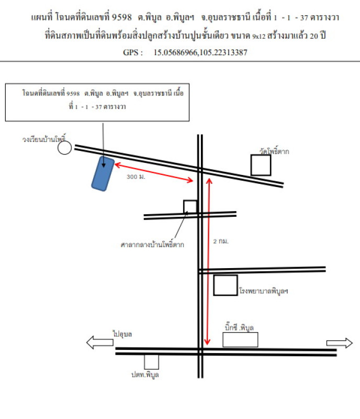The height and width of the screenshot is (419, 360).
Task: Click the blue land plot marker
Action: click(x=103, y=174)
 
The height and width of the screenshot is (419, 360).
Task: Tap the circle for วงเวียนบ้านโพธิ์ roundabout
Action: click(x=65, y=148)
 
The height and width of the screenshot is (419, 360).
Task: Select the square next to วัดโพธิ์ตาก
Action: click(x=261, y=165)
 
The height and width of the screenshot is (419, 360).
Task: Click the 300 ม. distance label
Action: click(x=136, y=177)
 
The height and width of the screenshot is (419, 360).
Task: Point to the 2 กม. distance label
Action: click(x=221, y=241)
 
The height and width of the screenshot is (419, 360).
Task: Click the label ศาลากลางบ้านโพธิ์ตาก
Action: click(x=152, y=245)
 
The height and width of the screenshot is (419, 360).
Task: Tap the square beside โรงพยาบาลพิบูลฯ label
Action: click(x=226, y=285)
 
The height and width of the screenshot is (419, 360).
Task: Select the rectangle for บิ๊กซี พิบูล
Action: click(x=240, y=339)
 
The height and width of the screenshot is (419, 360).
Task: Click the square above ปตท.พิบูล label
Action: click(x=151, y=362)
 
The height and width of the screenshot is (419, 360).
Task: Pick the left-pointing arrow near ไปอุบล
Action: click(x=99, y=343)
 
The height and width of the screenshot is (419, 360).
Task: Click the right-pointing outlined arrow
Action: click(x=340, y=343)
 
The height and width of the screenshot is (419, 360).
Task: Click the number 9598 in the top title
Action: click(x=122, y=17)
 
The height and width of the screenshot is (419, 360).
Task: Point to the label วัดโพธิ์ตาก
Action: click(x=274, y=151)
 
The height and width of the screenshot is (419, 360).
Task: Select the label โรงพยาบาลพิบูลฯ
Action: click(x=264, y=291)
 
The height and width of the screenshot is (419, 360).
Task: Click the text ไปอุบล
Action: click(x=122, y=334)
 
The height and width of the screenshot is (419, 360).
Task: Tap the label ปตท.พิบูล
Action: click(x=145, y=374)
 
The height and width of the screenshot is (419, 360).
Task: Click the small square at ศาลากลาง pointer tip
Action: click(x=190, y=207)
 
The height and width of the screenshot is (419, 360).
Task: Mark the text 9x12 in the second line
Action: click(x=259, y=36)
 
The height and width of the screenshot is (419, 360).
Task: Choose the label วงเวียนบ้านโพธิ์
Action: click(x=44, y=139)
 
